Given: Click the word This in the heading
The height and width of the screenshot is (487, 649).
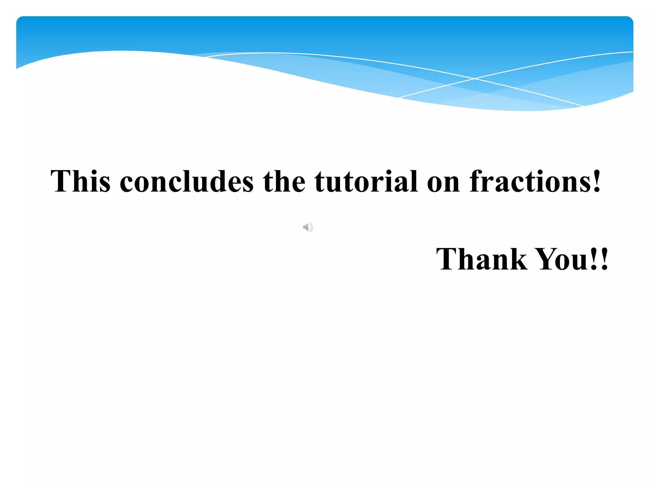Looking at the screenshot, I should click(x=80, y=181).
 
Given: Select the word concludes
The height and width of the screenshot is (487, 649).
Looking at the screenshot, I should click(x=187, y=181).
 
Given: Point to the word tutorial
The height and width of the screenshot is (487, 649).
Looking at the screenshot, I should click(x=366, y=181).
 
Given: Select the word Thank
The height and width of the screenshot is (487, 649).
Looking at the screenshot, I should click(x=482, y=259).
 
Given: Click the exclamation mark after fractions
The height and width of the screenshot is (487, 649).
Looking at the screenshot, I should click(x=597, y=181).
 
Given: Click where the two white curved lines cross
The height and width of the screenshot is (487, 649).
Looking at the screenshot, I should click(x=474, y=78).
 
